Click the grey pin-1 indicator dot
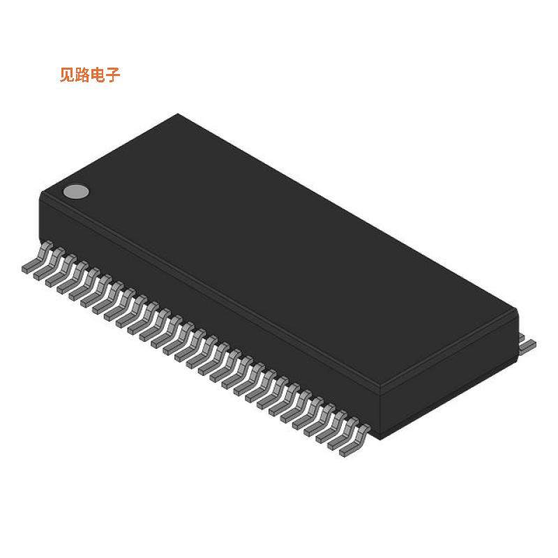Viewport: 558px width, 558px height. coord(77,192)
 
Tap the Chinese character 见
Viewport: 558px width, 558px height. coord(68,75)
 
